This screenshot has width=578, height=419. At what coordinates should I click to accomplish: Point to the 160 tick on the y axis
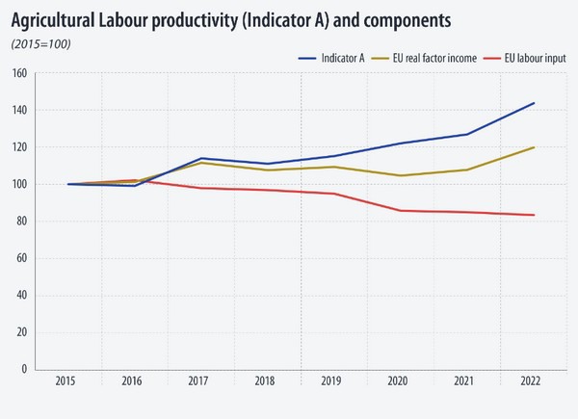[x=19, y=73]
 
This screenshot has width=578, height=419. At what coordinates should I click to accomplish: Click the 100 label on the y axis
[x=19, y=184]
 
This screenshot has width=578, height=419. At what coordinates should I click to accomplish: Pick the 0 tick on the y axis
[x=23, y=369]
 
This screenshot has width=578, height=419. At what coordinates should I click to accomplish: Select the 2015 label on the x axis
[x=66, y=382]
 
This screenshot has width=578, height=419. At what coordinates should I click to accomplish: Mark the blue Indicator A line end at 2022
[x=534, y=103]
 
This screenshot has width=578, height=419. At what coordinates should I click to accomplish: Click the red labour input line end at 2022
[x=534, y=215]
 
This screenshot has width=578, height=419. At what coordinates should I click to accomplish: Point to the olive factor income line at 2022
[x=534, y=147]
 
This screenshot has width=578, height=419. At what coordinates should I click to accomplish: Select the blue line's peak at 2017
[x=200, y=158]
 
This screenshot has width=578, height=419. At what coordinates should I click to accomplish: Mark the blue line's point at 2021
[x=466, y=134]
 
